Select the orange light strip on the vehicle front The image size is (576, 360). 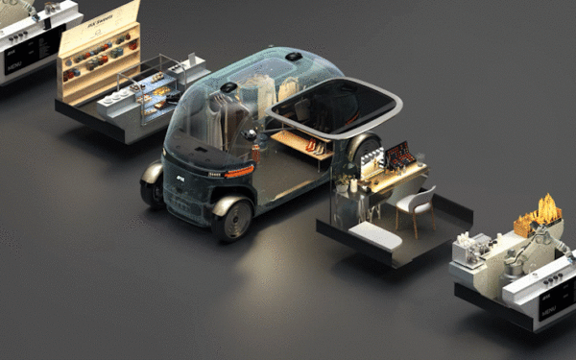[238, 171]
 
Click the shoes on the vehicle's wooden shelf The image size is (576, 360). [313, 146]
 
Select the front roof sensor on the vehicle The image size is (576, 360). [229, 88]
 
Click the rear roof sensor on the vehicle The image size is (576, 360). [292, 57]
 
